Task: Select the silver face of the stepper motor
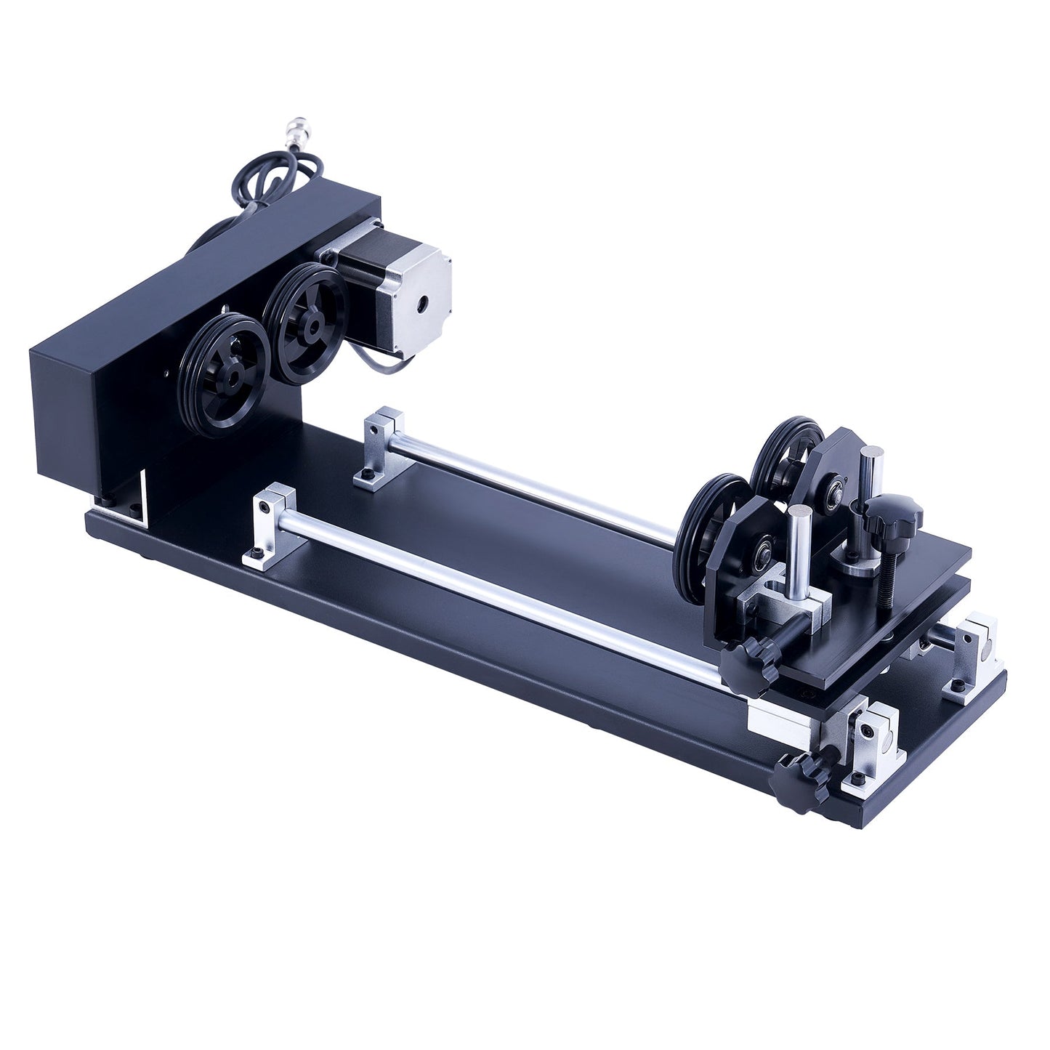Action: click(420, 298)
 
